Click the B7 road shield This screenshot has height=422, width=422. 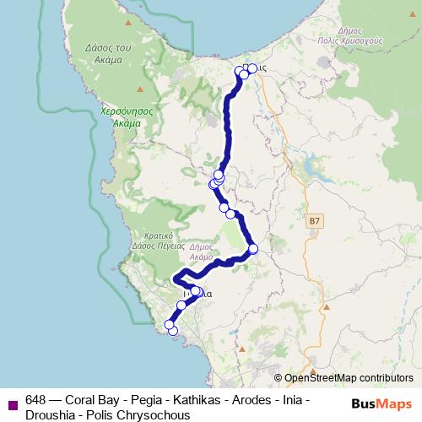315,220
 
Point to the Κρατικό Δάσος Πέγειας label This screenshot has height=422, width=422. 159,241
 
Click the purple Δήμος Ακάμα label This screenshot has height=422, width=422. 202,249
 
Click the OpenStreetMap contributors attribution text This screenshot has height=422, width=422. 349,378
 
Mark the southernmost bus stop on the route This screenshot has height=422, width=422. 173,331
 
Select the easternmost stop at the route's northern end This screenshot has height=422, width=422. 252,68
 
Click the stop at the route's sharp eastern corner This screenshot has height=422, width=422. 252,248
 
